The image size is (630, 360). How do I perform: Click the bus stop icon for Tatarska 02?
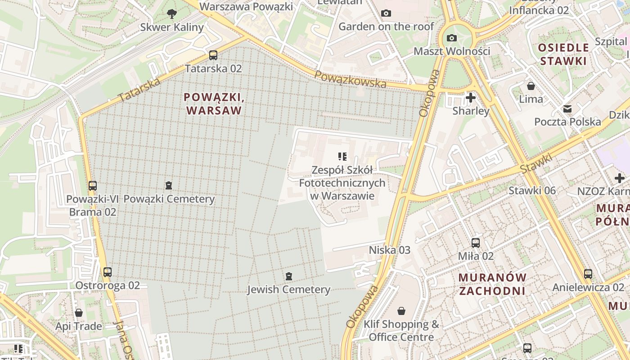pos(213,55)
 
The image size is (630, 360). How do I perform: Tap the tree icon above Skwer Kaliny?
pos(171,14)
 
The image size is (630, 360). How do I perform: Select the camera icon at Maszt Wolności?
pos(452,38)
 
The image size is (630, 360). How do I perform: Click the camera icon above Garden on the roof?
pos(386,13)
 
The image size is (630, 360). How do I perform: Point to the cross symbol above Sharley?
pos(471,97)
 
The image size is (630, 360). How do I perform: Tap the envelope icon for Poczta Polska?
pos(567,108)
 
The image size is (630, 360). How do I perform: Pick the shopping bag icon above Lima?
pos(531,85)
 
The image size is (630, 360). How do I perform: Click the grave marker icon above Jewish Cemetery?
pos(288,276)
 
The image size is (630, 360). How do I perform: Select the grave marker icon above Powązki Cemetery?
pos(169,185)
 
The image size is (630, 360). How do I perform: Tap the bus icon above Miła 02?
pos(476,243)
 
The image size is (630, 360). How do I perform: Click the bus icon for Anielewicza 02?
pos(588,274)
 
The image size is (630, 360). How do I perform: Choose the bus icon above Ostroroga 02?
pos(107,272)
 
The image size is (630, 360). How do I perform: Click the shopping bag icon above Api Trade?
pos(79,312)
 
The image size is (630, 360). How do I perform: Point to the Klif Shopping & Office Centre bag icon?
pos(401,311)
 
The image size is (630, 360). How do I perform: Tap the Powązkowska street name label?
pos(350,79)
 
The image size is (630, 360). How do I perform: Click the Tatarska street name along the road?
pos(139,90)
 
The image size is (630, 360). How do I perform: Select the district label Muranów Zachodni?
pos(492,284)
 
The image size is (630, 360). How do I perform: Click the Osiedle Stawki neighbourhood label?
pos(564,54)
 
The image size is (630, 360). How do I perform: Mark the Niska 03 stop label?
pos(390,250)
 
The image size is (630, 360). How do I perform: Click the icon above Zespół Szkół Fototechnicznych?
pos(342,157)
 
